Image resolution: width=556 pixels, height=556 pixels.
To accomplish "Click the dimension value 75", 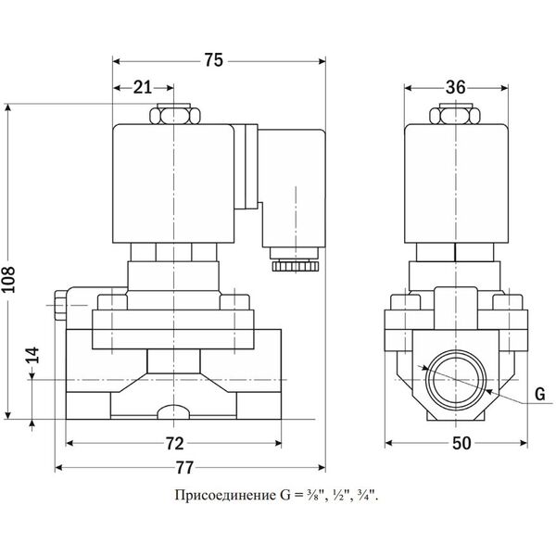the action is coord(213,60).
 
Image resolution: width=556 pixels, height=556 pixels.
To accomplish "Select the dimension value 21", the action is coord(142,87).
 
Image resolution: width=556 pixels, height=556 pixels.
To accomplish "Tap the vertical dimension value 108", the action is coord(8,280).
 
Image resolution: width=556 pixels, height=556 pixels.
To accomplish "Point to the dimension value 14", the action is coord(32,355).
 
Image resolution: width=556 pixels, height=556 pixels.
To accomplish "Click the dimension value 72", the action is coord(175,444).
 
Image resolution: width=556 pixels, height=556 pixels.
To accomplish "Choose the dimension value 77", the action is coord(185,468).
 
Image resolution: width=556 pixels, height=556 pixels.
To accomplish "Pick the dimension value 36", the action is coord(455,87).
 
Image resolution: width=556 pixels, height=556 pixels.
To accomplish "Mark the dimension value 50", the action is coord(461,443).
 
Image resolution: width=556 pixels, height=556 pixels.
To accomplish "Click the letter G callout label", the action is coord(539,395).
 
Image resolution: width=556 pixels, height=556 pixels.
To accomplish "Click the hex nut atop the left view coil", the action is coord(174,114).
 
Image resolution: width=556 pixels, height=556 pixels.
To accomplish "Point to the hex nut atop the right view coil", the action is coord(456,114).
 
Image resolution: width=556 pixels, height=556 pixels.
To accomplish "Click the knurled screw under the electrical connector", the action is coord(296,266).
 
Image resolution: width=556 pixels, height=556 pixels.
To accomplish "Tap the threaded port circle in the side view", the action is coord(455,380).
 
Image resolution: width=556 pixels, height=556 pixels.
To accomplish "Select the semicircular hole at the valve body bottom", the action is coord(173,411).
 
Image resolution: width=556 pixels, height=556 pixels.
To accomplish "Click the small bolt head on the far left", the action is coord(59,305).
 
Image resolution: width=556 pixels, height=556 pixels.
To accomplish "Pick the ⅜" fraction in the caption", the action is coord(312,496).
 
